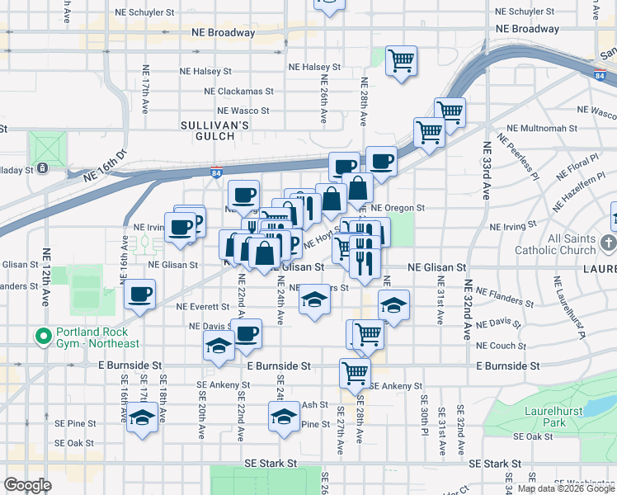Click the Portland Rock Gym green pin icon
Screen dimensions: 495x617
(x=41, y=337)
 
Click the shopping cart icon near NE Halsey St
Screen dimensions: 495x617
(x=401, y=60)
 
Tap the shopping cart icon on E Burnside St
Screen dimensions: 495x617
(x=355, y=372)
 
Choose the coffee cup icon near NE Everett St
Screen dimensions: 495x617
(x=140, y=294)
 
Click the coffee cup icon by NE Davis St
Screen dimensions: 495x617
(x=246, y=334)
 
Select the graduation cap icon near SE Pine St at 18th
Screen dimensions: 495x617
(x=143, y=417)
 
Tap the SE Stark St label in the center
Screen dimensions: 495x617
(x=270, y=464)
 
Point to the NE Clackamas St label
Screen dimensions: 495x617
(x=237, y=92)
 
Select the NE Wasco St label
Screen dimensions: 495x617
(x=243, y=111)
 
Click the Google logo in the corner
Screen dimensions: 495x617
(x=27, y=485)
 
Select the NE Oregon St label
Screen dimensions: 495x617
(x=398, y=209)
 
